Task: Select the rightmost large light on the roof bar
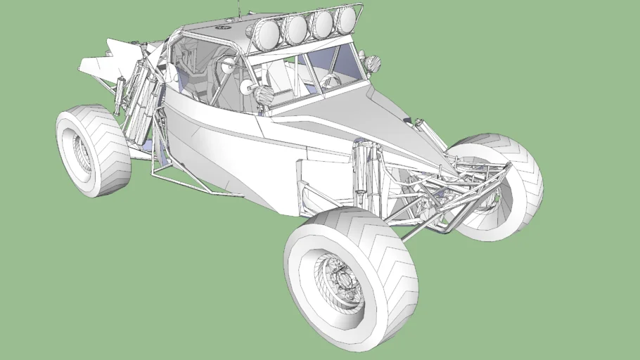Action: [x=346, y=20]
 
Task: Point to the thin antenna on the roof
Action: [x=239, y=8]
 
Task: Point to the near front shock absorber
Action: [x=366, y=169]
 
